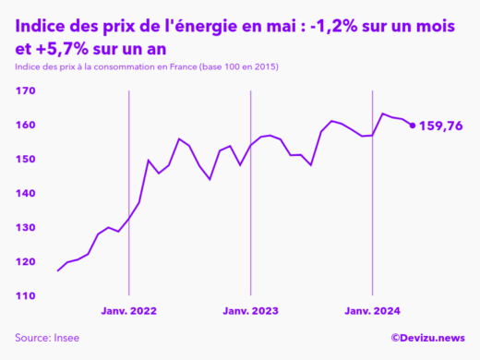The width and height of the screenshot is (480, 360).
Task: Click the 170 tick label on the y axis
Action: (25, 90)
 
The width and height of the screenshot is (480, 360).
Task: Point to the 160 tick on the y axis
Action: (25, 125)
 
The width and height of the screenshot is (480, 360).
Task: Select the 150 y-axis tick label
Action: (25, 159)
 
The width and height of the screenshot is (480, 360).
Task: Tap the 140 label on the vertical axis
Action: (25, 193)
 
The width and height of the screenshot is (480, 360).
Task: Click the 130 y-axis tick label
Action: (25, 227)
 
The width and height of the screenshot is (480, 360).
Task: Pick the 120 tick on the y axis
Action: (25, 261)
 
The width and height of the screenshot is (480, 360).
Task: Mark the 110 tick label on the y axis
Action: (25, 295)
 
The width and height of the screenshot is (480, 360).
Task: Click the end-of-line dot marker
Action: (412, 125)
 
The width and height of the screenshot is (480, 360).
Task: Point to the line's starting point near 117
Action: (57, 270)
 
